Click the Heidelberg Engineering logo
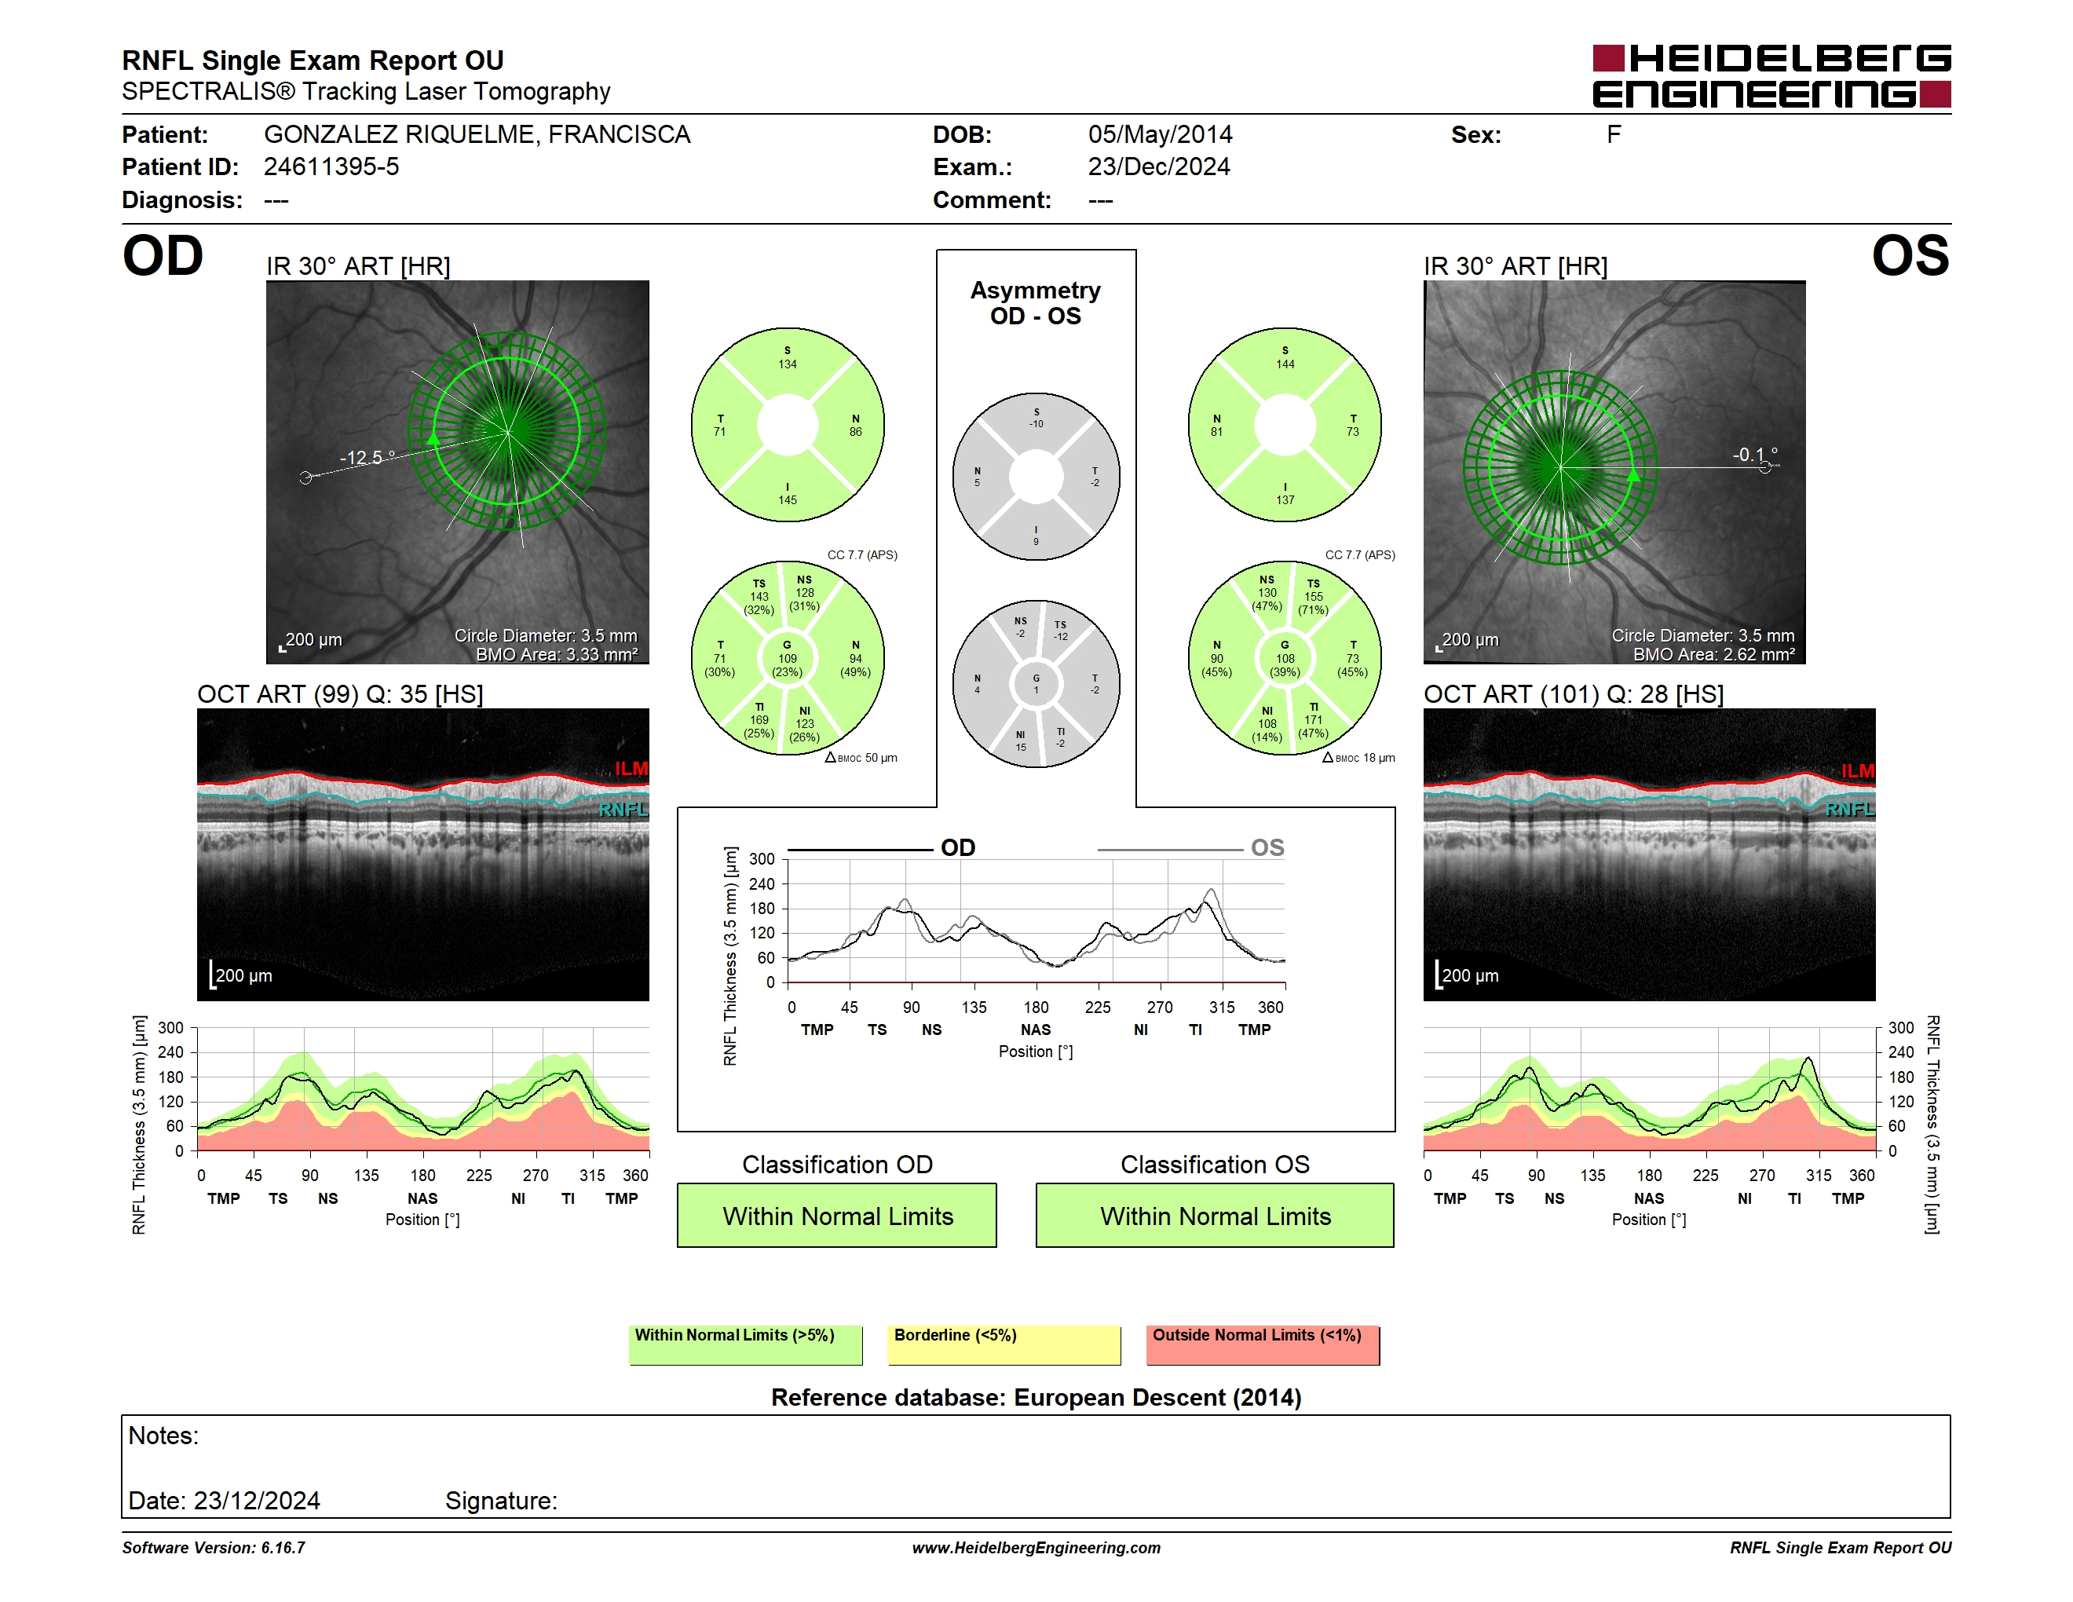pos(1771,76)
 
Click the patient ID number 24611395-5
pos(331,167)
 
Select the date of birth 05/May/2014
pos(1160,135)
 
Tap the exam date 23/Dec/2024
pos(1159,167)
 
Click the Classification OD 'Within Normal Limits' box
pos(836,1215)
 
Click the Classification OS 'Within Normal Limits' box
pos(1215,1215)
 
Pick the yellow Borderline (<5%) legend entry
pos(1004,1344)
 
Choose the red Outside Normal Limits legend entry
pos(1263,1344)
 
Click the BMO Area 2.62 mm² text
pos(1713,655)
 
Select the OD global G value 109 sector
pos(787,659)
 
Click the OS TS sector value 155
pos(1313,597)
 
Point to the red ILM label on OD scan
pos(631,769)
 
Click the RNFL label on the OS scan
pos(1850,810)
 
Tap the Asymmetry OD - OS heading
pos(1036,303)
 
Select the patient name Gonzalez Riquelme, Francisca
pos(477,135)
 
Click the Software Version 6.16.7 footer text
pos(214,1548)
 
